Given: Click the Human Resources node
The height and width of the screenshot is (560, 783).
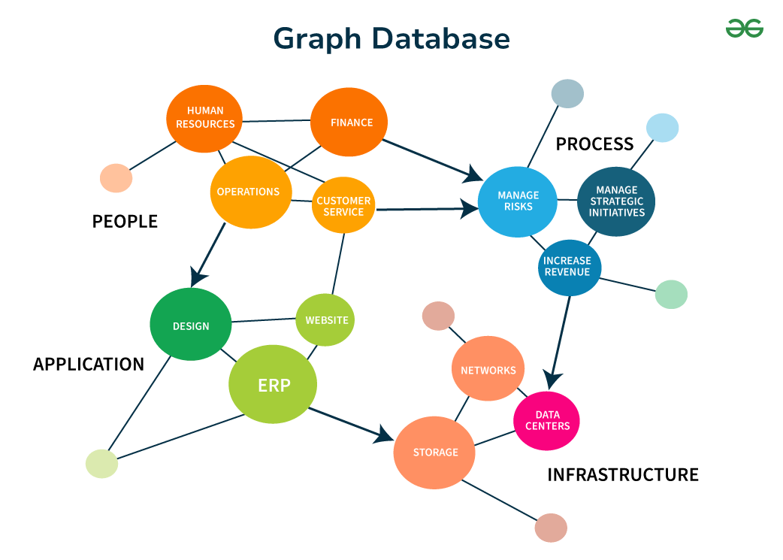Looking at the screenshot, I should pyautogui.click(x=205, y=118).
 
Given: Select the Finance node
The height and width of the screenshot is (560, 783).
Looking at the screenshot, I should pyautogui.click(x=351, y=123).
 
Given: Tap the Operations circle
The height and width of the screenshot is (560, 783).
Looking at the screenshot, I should pyautogui.click(x=249, y=192).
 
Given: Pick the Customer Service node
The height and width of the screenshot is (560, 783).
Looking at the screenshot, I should pyautogui.click(x=343, y=206).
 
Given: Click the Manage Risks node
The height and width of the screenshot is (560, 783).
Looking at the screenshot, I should pyautogui.click(x=518, y=201).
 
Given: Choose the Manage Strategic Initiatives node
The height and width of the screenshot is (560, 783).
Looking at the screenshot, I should pyautogui.click(x=616, y=201).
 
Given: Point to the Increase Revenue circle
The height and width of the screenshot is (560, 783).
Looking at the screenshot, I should pyautogui.click(x=568, y=266).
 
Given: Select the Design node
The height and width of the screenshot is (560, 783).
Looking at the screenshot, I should pyautogui.click(x=191, y=325).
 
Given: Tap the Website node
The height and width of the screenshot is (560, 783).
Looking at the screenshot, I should pyautogui.click(x=325, y=320).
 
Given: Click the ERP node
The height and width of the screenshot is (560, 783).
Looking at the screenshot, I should pyautogui.click(x=274, y=385).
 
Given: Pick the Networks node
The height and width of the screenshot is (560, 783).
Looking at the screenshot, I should pyautogui.click(x=488, y=370).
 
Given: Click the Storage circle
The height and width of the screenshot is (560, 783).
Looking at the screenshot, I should pyautogui.click(x=435, y=453).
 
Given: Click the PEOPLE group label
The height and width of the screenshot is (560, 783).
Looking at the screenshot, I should pyautogui.click(x=125, y=221).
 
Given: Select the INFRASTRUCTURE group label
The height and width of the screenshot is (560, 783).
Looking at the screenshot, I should pyautogui.click(x=622, y=474).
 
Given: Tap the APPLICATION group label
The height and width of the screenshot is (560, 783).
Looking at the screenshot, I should pyautogui.click(x=89, y=365).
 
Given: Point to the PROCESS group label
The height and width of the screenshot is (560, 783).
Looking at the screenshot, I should pyautogui.click(x=594, y=144).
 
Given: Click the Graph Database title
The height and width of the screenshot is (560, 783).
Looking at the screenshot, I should pyautogui.click(x=391, y=38).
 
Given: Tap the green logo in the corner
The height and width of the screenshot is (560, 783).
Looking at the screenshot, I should pyautogui.click(x=744, y=29).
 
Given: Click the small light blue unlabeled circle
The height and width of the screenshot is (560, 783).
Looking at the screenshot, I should pyautogui.click(x=662, y=128).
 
